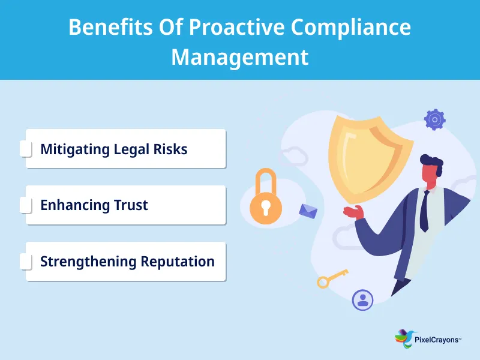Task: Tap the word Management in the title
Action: [x=240, y=57]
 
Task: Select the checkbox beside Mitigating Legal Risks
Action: [x=26, y=149]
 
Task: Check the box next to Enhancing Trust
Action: [x=26, y=205]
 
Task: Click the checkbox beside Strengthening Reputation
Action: [x=26, y=262]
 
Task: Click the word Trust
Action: [x=130, y=205]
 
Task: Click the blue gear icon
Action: [x=434, y=119]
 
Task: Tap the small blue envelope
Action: [x=308, y=211]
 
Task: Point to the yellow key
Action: [x=332, y=278]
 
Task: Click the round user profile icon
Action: [x=362, y=299]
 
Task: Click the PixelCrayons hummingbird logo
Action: [x=403, y=338]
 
